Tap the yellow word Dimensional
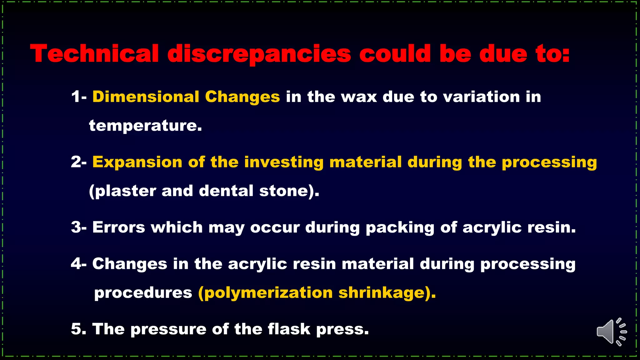(x=146, y=97)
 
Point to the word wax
(x=359, y=97)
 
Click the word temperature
(x=145, y=126)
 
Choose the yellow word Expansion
(x=137, y=162)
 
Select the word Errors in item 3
(x=118, y=227)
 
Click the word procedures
(x=143, y=293)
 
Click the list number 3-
(x=78, y=227)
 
